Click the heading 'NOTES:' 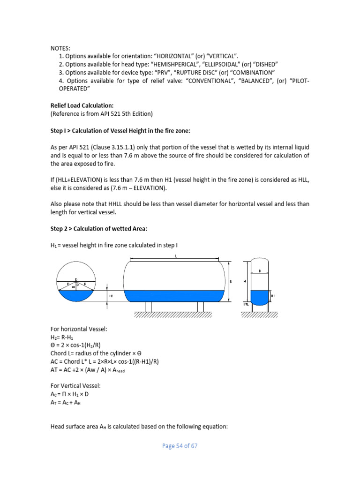pos(60,48)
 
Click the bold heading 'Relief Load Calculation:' pos(82,105)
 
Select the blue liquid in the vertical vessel pos(259,297)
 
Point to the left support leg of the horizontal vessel pos(148,307)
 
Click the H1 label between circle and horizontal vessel pos(111,296)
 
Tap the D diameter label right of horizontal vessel pos(231,282)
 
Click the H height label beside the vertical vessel pos(244,282)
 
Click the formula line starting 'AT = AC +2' pos(89,369)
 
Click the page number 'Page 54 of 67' pos(180,446)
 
